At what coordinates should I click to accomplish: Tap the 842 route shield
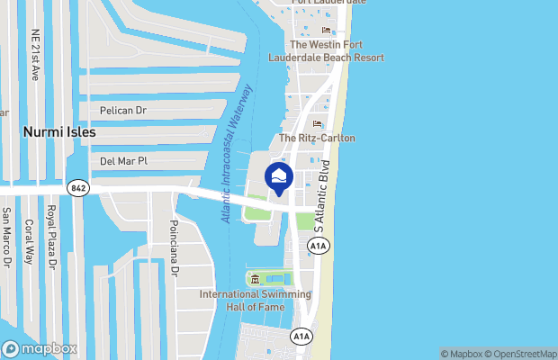coord(76,186)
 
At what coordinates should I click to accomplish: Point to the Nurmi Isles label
coord(58,131)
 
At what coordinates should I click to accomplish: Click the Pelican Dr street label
coord(124,111)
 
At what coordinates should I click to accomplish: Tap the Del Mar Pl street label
coord(123,161)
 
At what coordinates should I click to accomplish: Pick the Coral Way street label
coord(29,241)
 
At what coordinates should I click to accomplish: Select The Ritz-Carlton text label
coord(317,138)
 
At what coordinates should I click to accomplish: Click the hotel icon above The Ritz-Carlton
coord(316,123)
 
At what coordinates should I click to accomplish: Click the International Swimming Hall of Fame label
coord(255,301)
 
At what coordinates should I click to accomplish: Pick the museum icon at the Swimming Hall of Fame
coord(255,278)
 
